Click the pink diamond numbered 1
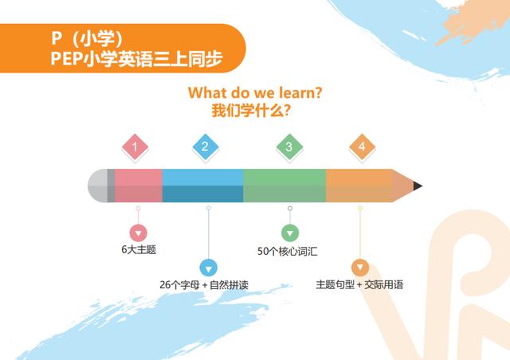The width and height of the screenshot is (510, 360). click(x=135, y=147)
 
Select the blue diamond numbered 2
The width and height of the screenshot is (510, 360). click(x=206, y=147)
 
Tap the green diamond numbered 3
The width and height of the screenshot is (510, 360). click(x=289, y=147)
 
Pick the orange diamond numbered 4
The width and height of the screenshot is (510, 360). click(x=362, y=147)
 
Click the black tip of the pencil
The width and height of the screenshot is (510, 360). click(x=418, y=186)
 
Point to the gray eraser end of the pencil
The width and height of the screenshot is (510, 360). click(x=98, y=186)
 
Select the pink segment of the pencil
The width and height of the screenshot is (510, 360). click(x=139, y=186)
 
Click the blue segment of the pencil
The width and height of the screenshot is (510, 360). click(x=202, y=186)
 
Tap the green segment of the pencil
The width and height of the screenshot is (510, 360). click(x=284, y=186)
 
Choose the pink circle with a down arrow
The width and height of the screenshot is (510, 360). click(x=138, y=233)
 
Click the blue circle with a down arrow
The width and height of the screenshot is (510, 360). click(x=209, y=268)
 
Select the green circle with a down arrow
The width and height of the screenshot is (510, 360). click(x=290, y=233)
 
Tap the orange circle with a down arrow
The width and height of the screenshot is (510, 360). click(x=360, y=268)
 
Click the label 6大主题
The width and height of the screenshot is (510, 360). click(x=139, y=250)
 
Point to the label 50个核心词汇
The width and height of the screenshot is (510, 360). click(x=288, y=252)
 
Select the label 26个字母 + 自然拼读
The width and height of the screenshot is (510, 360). click(x=204, y=285)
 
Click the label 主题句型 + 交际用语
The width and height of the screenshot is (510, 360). click(x=359, y=284)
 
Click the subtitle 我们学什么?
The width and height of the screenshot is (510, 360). click(x=251, y=111)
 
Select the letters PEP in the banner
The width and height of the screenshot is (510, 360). click(x=66, y=59)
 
